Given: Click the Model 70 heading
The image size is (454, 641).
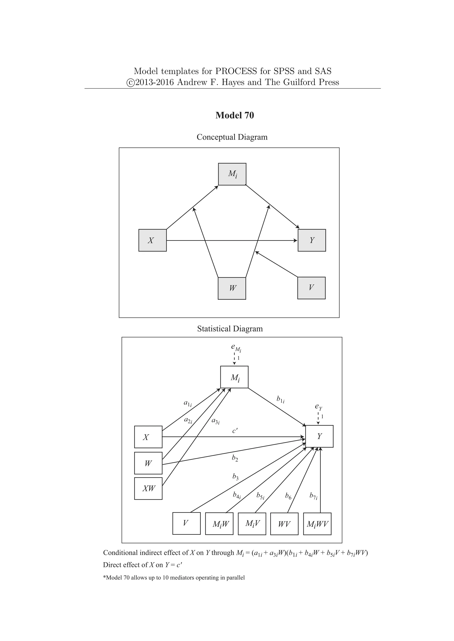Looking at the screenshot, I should click(x=235, y=115).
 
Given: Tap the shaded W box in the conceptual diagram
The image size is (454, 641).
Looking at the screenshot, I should click(x=232, y=288).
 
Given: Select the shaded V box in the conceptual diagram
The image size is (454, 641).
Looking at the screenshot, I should click(x=311, y=288).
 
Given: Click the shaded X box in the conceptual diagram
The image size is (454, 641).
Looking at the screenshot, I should click(x=152, y=240).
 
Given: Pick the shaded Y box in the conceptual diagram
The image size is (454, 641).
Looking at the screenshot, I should click(x=312, y=240).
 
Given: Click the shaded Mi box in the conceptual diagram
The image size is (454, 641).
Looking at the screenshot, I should click(x=232, y=174).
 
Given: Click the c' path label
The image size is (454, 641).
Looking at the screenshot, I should click(x=235, y=431).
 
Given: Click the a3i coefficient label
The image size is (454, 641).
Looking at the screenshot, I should click(x=215, y=421).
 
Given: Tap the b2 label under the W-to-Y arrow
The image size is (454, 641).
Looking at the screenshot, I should click(x=235, y=458).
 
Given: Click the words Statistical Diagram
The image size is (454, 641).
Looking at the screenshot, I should click(x=230, y=329).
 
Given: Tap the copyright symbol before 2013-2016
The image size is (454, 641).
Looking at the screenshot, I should click(x=130, y=83).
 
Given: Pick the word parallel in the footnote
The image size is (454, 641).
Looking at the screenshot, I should click(x=235, y=578).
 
